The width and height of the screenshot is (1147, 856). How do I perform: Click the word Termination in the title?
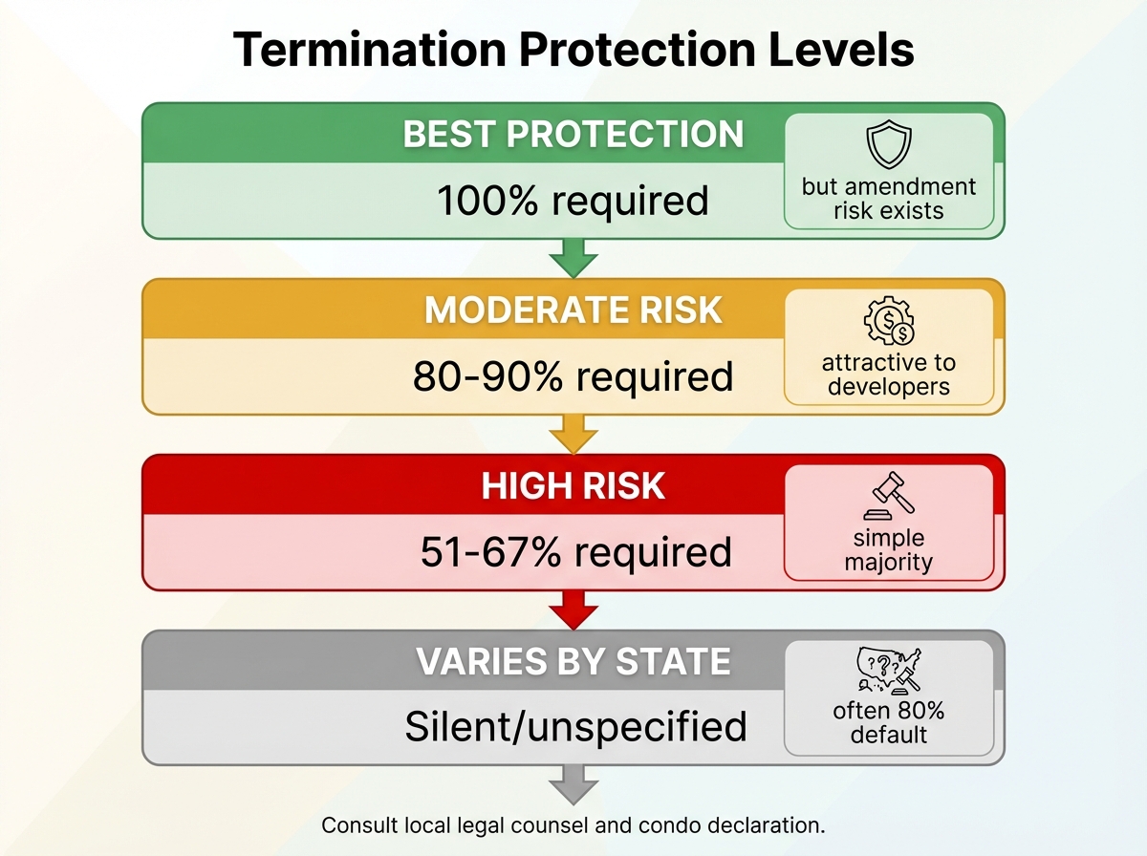(x=370, y=49)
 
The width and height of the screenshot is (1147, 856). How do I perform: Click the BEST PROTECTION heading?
(x=573, y=134)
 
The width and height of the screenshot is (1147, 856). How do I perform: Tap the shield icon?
(x=889, y=144)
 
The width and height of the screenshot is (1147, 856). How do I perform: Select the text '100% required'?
(x=573, y=201)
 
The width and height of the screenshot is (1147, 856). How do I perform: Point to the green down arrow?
(x=573, y=258)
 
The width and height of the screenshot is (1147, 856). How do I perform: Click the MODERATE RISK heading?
(x=573, y=310)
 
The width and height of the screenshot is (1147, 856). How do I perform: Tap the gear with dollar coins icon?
(x=889, y=321)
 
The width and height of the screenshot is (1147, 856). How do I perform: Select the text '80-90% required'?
(x=573, y=376)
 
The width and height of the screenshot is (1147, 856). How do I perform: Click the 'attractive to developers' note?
(x=889, y=374)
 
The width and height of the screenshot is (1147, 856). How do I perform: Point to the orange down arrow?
(x=573, y=434)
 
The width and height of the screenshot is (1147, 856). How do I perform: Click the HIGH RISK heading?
(x=573, y=485)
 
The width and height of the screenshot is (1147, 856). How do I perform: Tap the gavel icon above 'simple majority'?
(x=889, y=496)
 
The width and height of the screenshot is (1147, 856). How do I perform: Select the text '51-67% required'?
(x=575, y=552)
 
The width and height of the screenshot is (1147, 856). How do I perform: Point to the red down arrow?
(x=573, y=610)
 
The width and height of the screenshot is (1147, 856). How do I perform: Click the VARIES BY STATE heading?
(x=573, y=661)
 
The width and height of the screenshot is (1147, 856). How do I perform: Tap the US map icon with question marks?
(x=889, y=671)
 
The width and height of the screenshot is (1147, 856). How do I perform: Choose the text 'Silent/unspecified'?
(x=575, y=726)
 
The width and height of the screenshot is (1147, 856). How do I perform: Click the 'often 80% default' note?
(x=889, y=723)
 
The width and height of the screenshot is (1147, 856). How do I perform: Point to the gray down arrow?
(x=573, y=785)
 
